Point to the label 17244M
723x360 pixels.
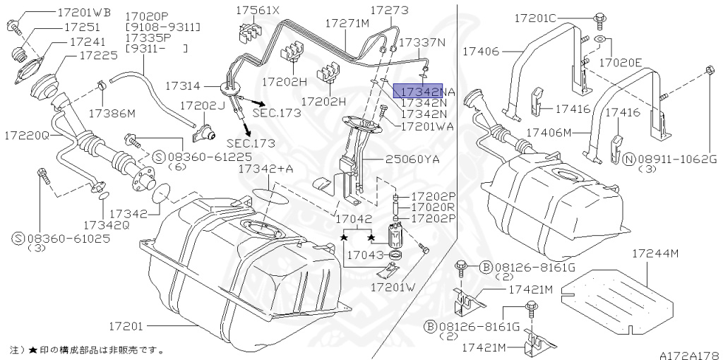pyautogui.click(x=655, y=253)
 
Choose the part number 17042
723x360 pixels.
pyautogui.click(x=353, y=220)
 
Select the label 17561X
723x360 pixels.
pyautogui.click(x=258, y=11)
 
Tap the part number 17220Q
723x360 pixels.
pyautogui.click(x=27, y=134)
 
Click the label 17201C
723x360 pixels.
pyautogui.click(x=554, y=17)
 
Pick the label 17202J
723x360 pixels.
pyautogui.click(x=201, y=105)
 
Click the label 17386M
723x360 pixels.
pyautogui.click(x=112, y=112)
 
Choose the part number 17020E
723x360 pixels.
pyautogui.click(x=620, y=63)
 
